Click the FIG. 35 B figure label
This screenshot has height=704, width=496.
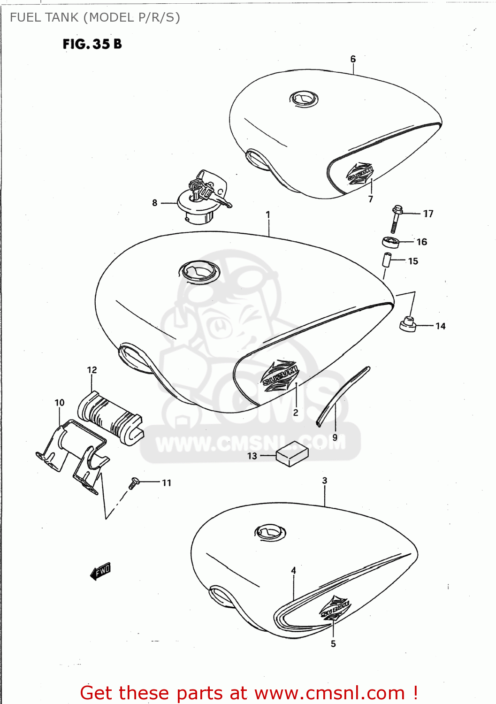pyautogui.click(x=92, y=44)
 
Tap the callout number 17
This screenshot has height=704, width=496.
pyautogui.click(x=428, y=214)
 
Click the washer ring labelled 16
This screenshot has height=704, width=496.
pyautogui.click(x=390, y=243)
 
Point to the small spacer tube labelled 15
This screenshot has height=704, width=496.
pyautogui.click(x=387, y=260)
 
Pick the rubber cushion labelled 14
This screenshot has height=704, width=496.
pyautogui.click(x=408, y=324)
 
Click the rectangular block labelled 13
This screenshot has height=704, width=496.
pyautogui.click(x=292, y=454)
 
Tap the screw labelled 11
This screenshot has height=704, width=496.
pyautogui.click(x=134, y=482)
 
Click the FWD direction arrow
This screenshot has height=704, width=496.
pyautogui.click(x=100, y=571)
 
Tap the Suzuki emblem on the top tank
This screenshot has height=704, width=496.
pyautogui.click(x=360, y=174)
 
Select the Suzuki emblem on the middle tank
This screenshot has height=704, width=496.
pyautogui.click(x=280, y=375)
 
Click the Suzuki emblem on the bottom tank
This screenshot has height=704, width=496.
pyautogui.click(x=335, y=609)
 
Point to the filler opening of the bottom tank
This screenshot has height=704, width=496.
pyautogui.click(x=270, y=532)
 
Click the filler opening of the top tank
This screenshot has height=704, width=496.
pyautogui.click(x=304, y=99)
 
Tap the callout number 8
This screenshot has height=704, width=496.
pyautogui.click(x=154, y=203)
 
